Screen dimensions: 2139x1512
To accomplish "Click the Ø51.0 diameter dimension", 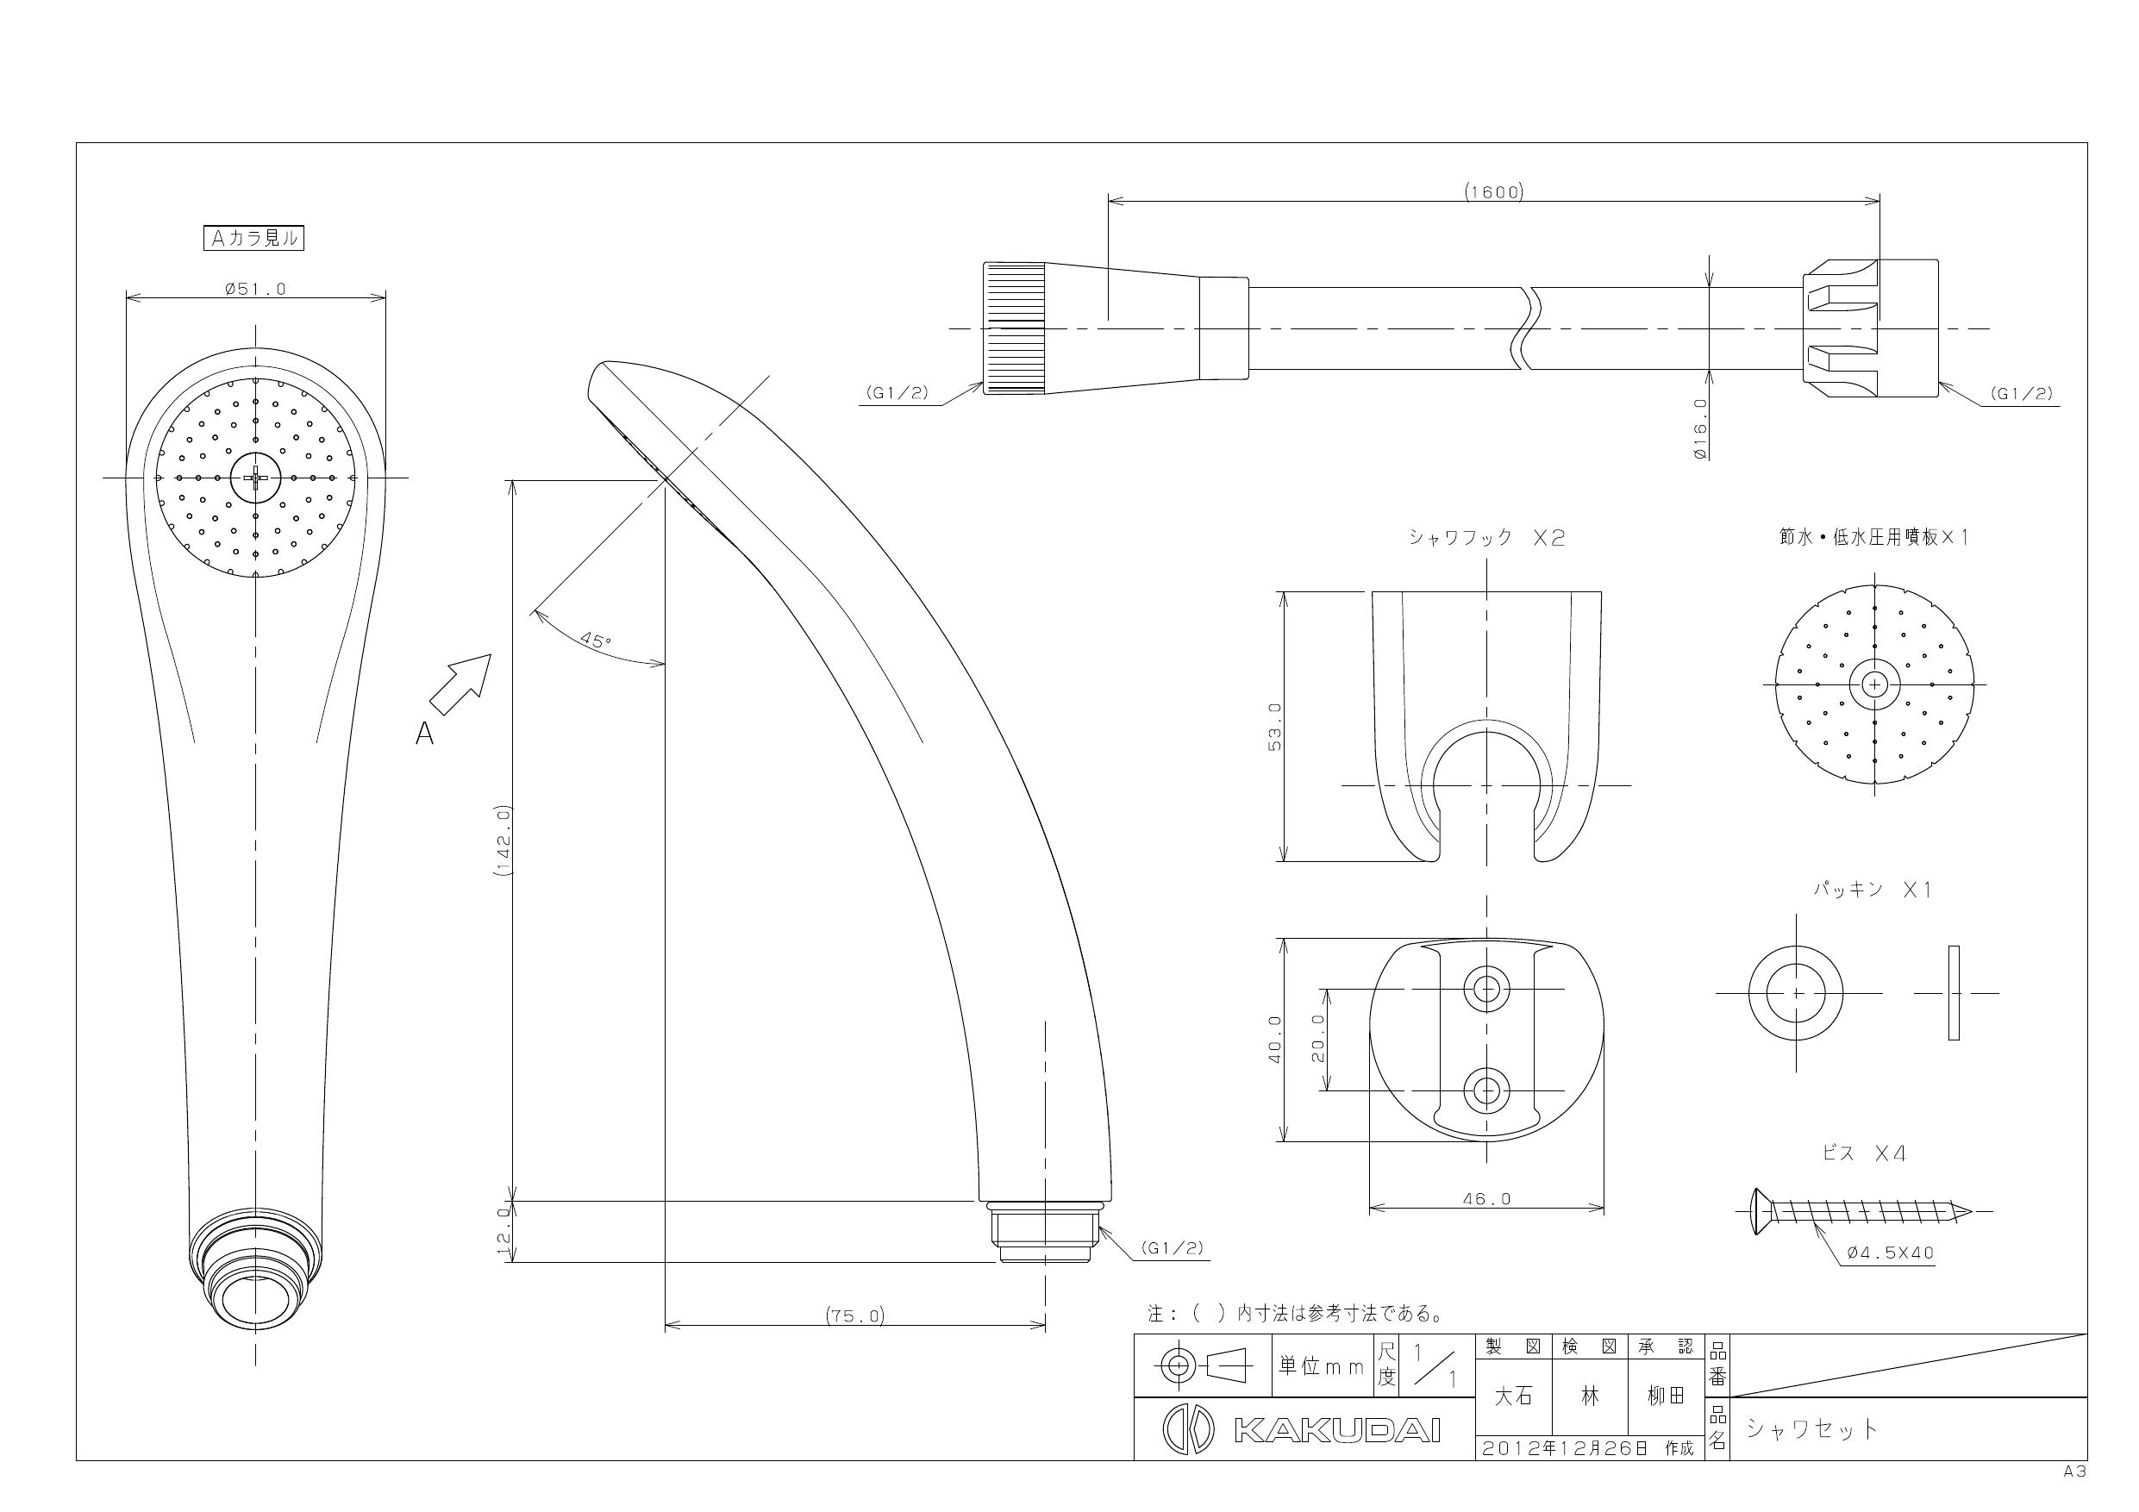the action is [x=255, y=289].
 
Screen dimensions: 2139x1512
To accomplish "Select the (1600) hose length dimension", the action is [x=1493, y=192].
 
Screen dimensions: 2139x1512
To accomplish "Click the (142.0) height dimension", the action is [x=504, y=840].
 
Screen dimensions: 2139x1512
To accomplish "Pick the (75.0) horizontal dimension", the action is [x=855, y=1316].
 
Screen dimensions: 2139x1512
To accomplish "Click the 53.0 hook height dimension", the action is [x=1275, y=727].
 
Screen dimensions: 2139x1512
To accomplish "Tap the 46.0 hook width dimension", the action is [x=1487, y=1199].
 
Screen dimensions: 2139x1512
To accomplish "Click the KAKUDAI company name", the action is [x=1337, y=1430].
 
